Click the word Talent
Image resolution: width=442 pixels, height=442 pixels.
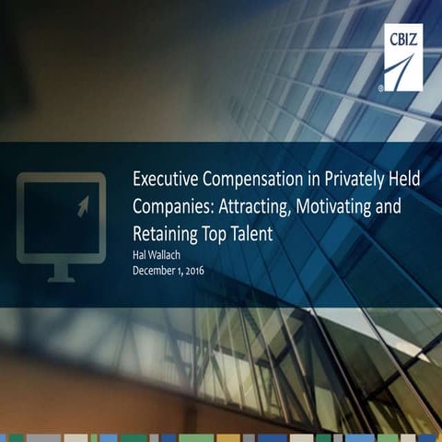pos(251,234)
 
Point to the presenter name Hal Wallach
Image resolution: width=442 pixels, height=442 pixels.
pos(157,257)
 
